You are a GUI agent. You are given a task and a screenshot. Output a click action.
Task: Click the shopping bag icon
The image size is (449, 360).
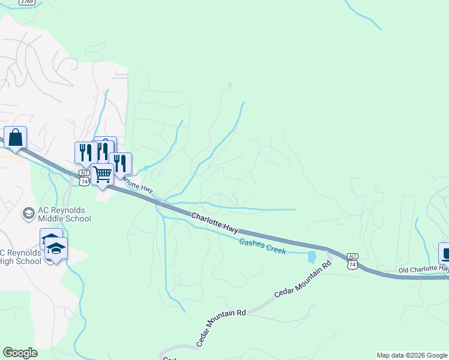(x=16, y=137)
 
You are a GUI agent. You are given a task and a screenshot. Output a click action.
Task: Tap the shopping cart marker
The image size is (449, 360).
(x=103, y=175)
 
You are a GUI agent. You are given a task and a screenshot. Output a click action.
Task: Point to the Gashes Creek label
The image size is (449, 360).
(x=262, y=246)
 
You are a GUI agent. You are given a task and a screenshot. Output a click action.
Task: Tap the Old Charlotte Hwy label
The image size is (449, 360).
(x=423, y=271)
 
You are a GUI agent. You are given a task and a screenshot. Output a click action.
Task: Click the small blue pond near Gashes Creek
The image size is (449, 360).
(x=311, y=257)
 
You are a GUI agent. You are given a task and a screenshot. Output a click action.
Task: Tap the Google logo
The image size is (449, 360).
(x=20, y=353)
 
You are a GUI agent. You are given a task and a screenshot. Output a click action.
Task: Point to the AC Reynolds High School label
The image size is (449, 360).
(x=21, y=256)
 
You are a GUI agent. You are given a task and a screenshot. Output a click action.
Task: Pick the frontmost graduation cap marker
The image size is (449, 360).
(x=56, y=248)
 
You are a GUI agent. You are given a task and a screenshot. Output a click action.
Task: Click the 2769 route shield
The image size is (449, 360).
(x=26, y=2)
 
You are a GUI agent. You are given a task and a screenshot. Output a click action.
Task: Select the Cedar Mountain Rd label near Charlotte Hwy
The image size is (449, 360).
(x=303, y=280)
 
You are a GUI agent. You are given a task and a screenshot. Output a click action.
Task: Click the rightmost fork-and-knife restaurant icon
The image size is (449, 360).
(x=120, y=163)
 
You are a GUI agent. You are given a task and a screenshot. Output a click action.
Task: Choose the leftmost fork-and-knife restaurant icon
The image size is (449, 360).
(x=85, y=152)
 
